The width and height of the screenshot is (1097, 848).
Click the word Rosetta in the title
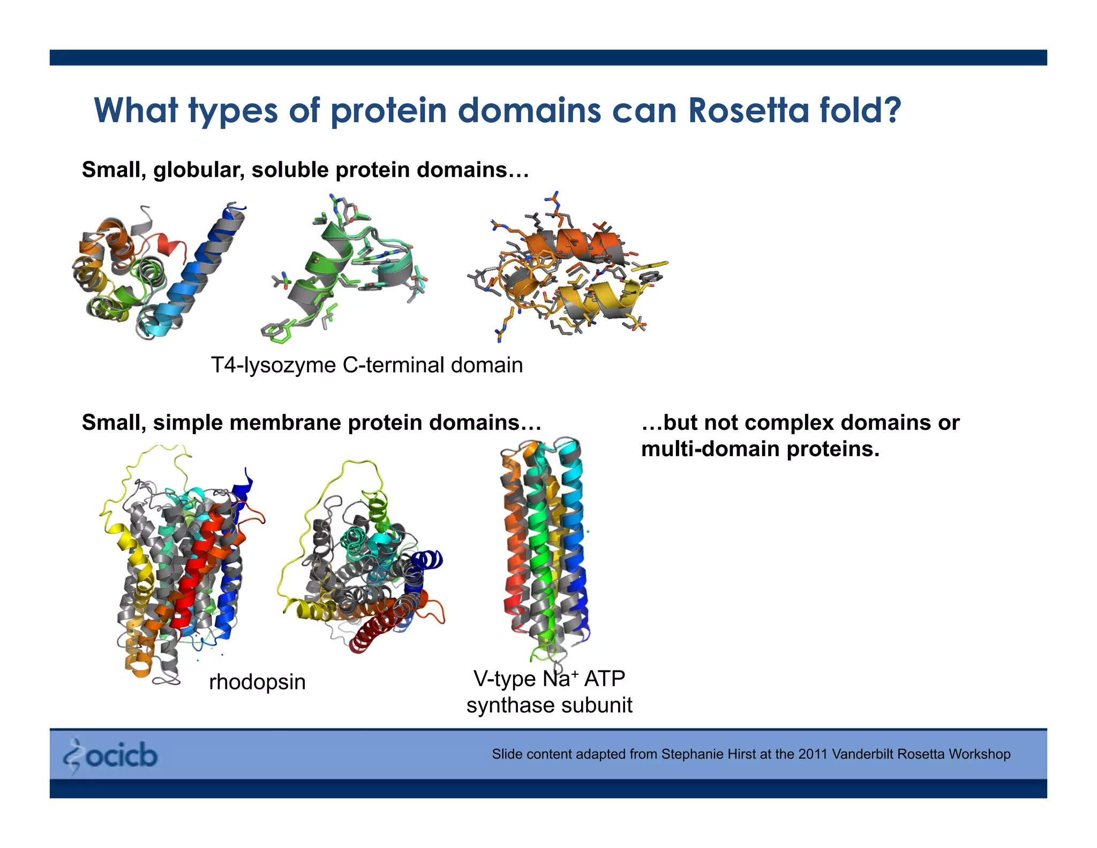click(748, 110)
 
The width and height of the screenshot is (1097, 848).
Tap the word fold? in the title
click(860, 110)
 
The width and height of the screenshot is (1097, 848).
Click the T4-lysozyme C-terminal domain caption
click(366, 365)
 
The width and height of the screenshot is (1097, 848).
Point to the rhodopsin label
click(257, 682)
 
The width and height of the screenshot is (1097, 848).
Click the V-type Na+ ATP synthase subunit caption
click(549, 691)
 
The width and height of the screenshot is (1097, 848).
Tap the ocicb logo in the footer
click(111, 755)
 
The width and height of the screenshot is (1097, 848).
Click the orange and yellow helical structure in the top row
click(568, 268)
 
